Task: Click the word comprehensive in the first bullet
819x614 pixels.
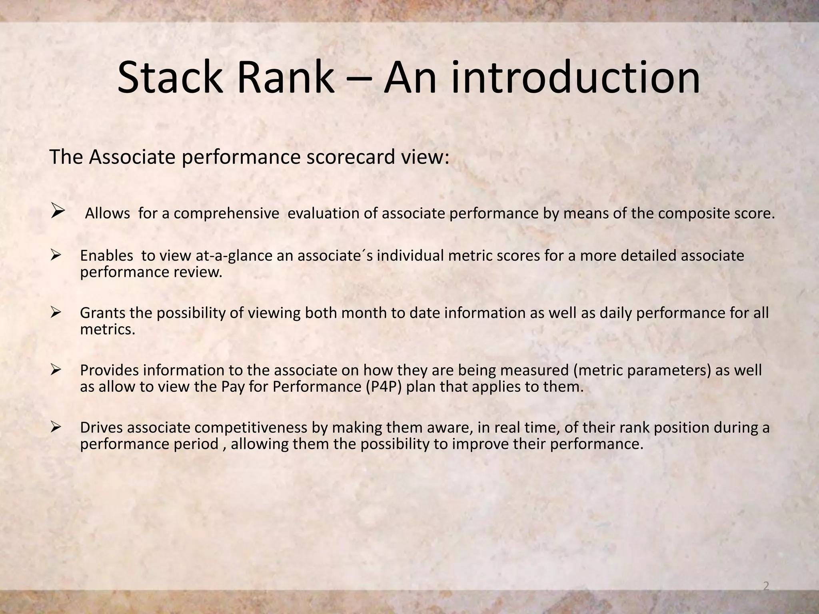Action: (x=226, y=214)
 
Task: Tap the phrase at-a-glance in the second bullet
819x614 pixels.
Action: (x=234, y=256)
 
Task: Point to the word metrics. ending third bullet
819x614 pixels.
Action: (x=108, y=330)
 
